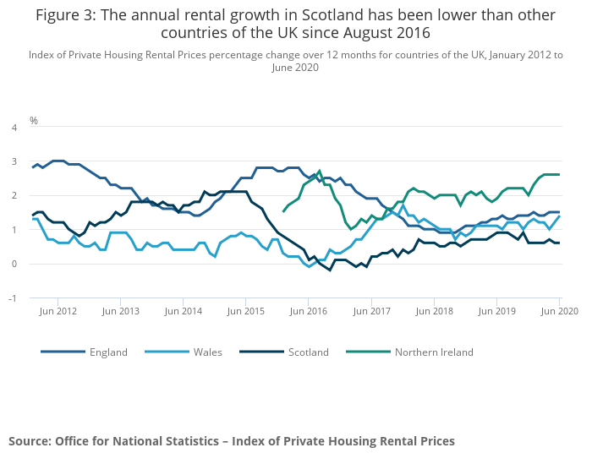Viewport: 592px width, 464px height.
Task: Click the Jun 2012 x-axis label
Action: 58,312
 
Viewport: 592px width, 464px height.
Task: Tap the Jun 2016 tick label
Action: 309,312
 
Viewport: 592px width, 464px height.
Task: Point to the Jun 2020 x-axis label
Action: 559,312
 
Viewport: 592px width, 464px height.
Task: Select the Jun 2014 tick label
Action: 184,312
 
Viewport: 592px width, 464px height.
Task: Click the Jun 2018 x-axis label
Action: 434,312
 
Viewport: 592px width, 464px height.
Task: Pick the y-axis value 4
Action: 14,128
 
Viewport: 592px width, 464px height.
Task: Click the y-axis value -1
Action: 13,298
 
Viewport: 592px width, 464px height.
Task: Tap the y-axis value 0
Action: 14,264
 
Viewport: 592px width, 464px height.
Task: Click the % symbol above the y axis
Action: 34,120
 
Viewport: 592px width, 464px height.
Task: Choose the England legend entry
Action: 108,352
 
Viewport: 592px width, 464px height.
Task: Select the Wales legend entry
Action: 208,352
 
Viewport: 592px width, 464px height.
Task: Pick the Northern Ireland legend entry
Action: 434,352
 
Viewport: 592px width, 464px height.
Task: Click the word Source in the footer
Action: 29,441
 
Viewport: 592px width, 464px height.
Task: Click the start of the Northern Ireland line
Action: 283,211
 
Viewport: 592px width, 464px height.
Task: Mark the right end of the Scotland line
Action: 559,243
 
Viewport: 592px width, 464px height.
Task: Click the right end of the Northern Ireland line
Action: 559,174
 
